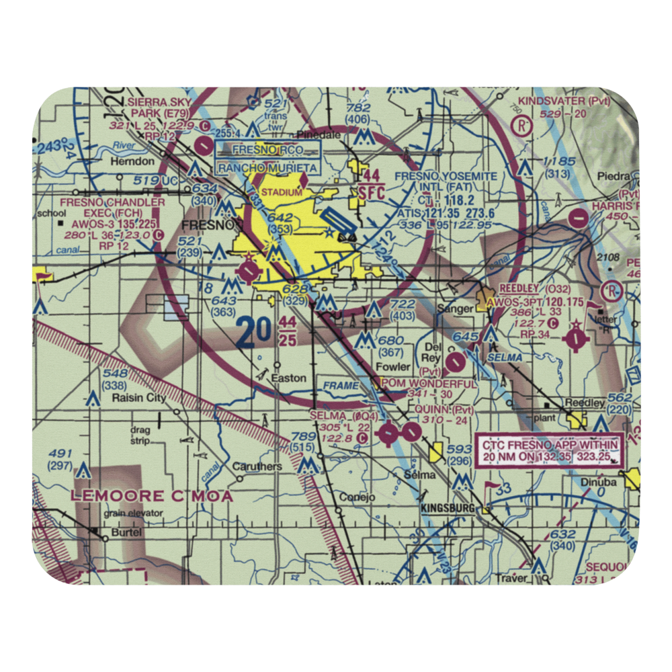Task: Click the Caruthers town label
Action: point(257,466)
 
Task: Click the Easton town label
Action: point(288,378)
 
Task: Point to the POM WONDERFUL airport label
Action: point(429,384)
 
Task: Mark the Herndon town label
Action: point(136,162)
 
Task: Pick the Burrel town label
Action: point(127,532)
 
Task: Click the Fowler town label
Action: point(392,367)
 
